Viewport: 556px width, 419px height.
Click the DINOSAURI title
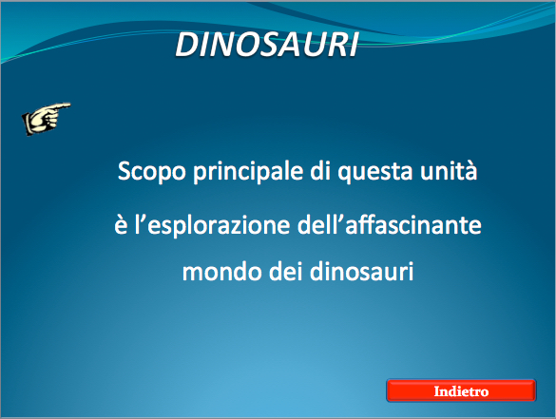(267, 44)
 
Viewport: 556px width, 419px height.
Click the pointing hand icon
(47, 119)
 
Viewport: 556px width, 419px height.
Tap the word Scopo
(152, 172)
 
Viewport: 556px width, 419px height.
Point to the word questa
(375, 172)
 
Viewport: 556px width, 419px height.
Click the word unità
(449, 170)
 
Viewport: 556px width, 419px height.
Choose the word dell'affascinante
(390, 224)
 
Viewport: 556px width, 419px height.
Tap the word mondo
(221, 272)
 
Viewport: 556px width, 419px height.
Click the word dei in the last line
(289, 272)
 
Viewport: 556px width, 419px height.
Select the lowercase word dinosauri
(362, 272)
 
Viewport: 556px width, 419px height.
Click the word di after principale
(320, 170)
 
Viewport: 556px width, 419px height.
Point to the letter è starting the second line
(121, 225)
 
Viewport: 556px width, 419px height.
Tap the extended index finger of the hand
(60, 106)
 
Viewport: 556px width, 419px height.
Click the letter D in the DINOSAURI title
(188, 45)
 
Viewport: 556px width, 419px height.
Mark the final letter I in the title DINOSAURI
(354, 45)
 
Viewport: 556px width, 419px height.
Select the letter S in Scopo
(125, 171)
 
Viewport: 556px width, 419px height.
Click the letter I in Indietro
(437, 391)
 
